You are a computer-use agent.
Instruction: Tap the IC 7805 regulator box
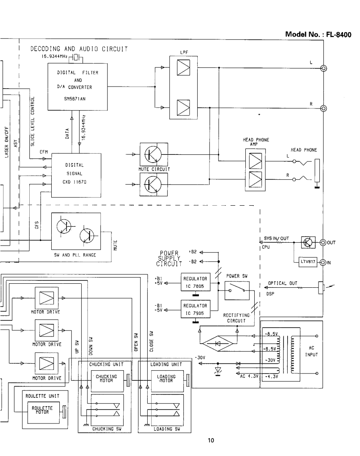(x=195, y=282)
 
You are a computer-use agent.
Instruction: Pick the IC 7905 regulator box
(x=195, y=309)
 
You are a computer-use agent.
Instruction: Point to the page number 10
(x=211, y=440)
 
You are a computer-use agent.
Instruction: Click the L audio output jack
(x=324, y=68)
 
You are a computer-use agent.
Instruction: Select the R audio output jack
(x=324, y=108)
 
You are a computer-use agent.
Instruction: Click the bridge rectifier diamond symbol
(x=219, y=343)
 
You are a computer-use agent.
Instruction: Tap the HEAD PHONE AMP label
(x=256, y=142)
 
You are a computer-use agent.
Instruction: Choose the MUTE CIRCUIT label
(x=154, y=169)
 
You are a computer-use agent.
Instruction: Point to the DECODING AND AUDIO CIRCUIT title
(x=79, y=49)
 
